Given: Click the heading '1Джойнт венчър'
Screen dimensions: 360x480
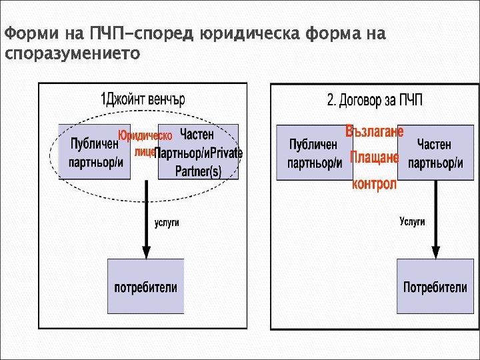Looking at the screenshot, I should point(143,100).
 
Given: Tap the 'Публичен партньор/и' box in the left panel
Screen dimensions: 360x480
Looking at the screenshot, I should point(94,152).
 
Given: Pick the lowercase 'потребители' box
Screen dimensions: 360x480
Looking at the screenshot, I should point(145,287).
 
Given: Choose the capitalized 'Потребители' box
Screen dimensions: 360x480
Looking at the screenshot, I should point(435,287).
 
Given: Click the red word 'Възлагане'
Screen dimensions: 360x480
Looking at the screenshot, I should point(374,131).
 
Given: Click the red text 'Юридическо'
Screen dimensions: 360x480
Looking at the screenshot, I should point(145,136).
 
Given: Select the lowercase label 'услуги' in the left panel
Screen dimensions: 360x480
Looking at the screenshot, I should point(167,223).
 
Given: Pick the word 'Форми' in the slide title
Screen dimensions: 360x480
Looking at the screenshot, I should point(25,33).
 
